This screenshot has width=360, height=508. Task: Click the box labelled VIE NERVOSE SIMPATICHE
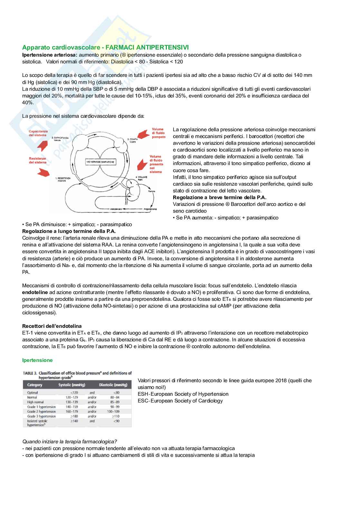[101, 162]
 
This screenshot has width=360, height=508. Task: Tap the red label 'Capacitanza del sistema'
[38, 133]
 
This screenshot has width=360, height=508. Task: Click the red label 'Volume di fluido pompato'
[158, 133]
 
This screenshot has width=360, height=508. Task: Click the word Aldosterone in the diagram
[116, 209]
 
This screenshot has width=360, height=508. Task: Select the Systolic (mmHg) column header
[71, 385]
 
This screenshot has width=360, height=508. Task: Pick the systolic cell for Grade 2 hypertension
[71, 411]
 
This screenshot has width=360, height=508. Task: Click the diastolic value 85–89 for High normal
[115, 402]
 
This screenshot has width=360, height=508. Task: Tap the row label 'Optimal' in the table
[33, 393]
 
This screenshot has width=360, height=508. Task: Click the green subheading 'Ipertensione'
[37, 360]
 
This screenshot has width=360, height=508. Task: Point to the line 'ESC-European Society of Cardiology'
[180, 401]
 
